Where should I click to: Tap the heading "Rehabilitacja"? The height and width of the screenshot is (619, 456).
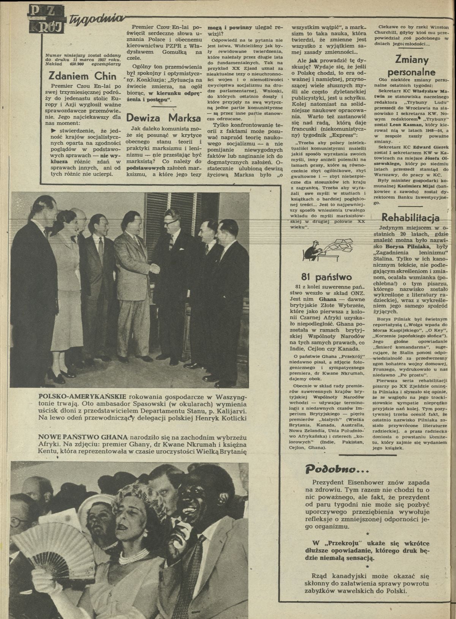click(x=410, y=218)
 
